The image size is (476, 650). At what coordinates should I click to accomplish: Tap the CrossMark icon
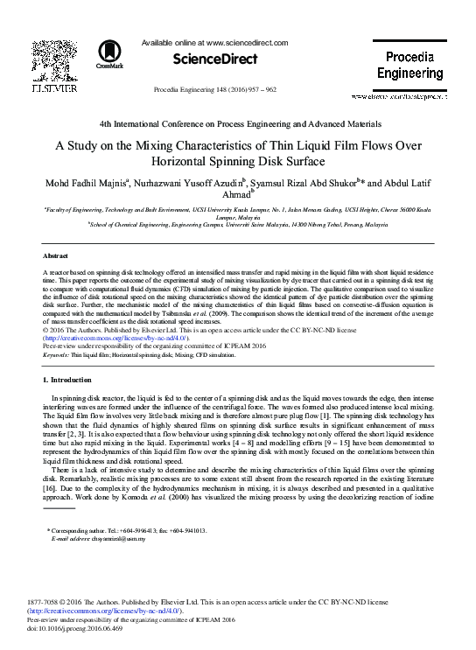[109, 53]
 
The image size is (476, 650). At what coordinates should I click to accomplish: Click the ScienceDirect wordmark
[214, 59]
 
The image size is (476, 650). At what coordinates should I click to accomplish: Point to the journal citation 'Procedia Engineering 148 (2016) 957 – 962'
[214, 90]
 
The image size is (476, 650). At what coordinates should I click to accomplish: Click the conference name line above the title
[240, 125]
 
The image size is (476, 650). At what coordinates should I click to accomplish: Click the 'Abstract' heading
[56, 255]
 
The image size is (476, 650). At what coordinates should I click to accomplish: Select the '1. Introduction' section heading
[67, 381]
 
